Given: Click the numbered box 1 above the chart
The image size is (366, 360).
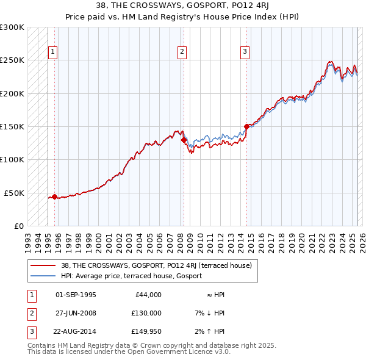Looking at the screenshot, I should click(x=53, y=52).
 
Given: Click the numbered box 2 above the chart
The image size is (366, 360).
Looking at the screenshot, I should click(x=182, y=52).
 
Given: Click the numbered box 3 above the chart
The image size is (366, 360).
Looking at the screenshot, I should click(x=245, y=52).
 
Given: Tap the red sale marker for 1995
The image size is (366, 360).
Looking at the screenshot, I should click(x=54, y=196).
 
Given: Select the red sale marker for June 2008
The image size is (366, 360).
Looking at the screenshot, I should click(x=184, y=140).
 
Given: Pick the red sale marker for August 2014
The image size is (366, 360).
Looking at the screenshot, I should click(x=246, y=127).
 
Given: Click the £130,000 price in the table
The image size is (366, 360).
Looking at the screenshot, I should click(x=146, y=313).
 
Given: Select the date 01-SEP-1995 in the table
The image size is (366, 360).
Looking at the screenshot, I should click(x=76, y=295).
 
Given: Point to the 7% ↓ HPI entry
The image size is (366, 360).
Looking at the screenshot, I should click(x=210, y=313).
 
